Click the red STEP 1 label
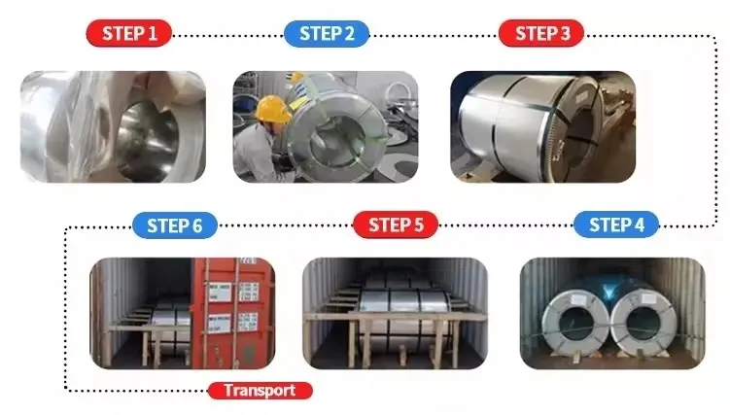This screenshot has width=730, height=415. pos(128,34)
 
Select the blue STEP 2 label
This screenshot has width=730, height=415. pos(327,34)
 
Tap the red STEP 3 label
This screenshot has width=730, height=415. pos(542,34)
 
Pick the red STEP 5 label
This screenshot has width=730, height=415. pos(396,225)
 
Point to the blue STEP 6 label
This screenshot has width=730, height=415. pos(175,225)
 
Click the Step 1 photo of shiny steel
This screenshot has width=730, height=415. pos(113,126)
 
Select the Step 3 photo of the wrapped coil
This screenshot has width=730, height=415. pos(542,126)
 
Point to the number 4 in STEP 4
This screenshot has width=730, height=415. pos(639,225)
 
